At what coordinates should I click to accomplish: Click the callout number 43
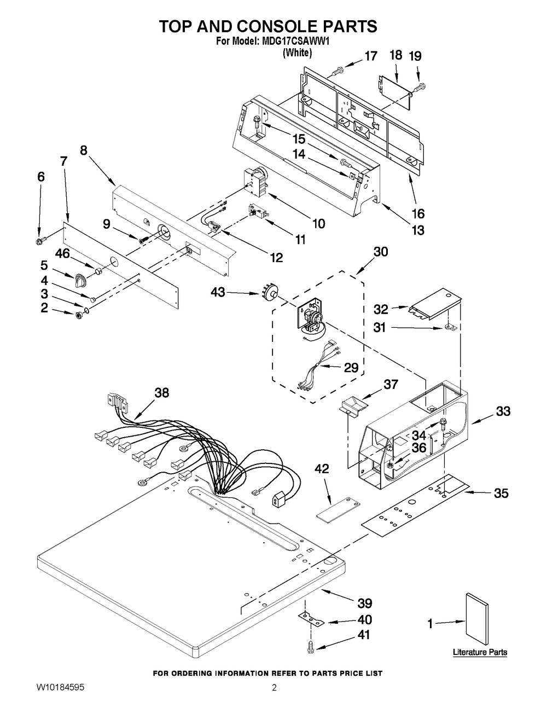pos(218,292)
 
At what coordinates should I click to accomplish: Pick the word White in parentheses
pos(297,53)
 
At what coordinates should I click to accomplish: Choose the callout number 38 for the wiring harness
pos(162,393)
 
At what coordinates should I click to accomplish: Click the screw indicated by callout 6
pos(40,241)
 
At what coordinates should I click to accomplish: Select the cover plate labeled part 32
pos(435,304)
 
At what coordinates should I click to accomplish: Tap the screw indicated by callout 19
pos(420,88)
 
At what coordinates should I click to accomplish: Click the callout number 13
pos(418,230)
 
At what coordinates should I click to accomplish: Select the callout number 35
pos(501,493)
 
